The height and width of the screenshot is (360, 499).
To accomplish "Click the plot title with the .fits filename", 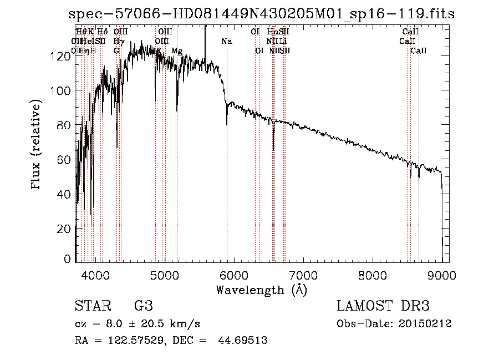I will pos(259,14).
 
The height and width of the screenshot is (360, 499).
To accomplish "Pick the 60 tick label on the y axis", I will pos(64,160).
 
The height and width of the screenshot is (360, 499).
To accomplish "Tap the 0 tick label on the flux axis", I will pos(68,259).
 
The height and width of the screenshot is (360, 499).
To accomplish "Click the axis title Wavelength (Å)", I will pos(261,290).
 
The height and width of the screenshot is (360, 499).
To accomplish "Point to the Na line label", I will pos(226,41).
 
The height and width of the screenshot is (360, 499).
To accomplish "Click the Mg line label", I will pos(176,51).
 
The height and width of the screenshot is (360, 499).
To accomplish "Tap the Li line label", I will pos(283,41).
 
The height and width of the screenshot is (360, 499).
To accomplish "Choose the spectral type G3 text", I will pos(143,306).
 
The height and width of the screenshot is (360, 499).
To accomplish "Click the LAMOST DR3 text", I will pos(383,306).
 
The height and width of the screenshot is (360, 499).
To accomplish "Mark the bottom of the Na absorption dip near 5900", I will pos(227,124).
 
